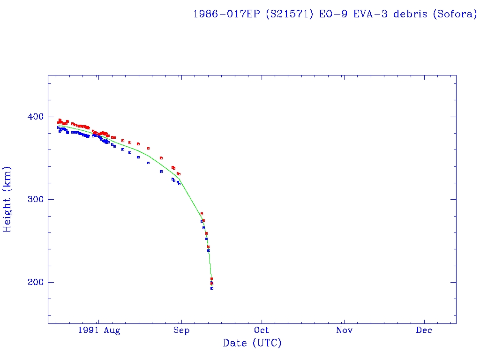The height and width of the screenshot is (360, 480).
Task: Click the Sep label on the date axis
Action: pyautogui.click(x=181, y=330)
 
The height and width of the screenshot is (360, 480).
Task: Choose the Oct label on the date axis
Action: pyautogui.click(x=262, y=330)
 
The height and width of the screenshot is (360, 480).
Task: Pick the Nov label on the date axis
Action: pyautogui.click(x=344, y=330)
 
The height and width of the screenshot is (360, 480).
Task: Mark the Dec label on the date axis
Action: pyautogui.click(x=425, y=330)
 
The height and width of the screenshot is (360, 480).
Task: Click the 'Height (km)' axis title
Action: pyautogui.click(x=7, y=199)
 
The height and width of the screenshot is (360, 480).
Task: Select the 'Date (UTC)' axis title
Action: pyautogui.click(x=252, y=344)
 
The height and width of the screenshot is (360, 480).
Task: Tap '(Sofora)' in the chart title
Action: pyautogui.click(x=455, y=14)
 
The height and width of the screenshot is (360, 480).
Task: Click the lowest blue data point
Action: pyautogui.click(x=212, y=288)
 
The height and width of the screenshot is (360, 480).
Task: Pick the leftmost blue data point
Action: pyautogui.click(x=58, y=127)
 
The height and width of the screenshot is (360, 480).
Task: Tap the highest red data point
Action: pyautogui.click(x=60, y=120)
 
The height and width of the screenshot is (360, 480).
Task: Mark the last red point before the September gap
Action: pyautogui.click(x=180, y=174)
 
